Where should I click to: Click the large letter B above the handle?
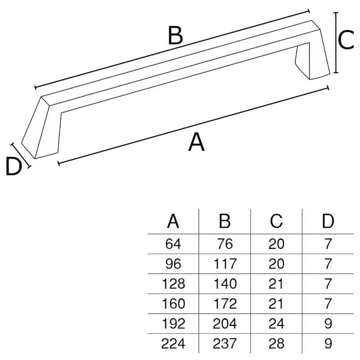pos(175,36)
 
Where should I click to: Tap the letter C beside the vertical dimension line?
pos(346,40)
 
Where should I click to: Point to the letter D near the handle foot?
pos(14,166)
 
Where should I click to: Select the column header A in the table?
pos(173,221)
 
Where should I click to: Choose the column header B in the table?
pos(225,221)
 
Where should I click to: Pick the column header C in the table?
pos(276,221)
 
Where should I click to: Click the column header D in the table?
pos(328,221)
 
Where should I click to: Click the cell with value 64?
pos(173,244)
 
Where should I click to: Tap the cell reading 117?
pos(225,264)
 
